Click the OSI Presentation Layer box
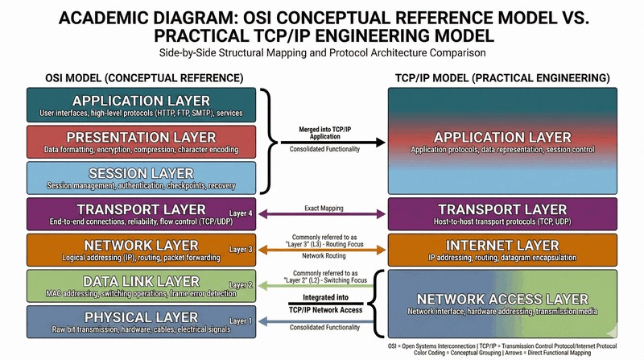click(x=141, y=142)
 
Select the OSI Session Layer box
click(x=141, y=179)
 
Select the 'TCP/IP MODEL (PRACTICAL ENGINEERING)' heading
click(x=503, y=77)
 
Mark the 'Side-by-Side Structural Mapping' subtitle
click(x=322, y=53)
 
